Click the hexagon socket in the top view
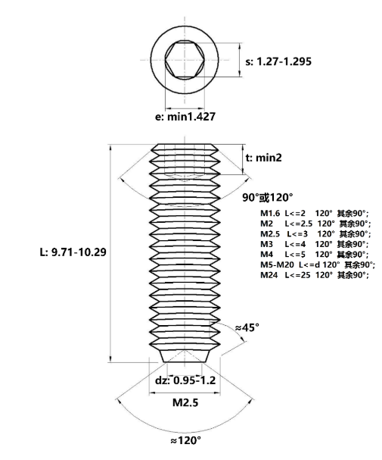(185, 60)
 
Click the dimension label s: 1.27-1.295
(278, 61)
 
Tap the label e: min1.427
(185, 117)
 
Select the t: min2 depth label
(263, 158)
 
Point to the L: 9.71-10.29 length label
(73, 252)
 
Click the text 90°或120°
(267, 198)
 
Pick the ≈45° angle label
(247, 327)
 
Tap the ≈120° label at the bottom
(185, 440)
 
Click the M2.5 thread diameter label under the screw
(185, 402)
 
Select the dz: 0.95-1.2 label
(185, 380)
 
